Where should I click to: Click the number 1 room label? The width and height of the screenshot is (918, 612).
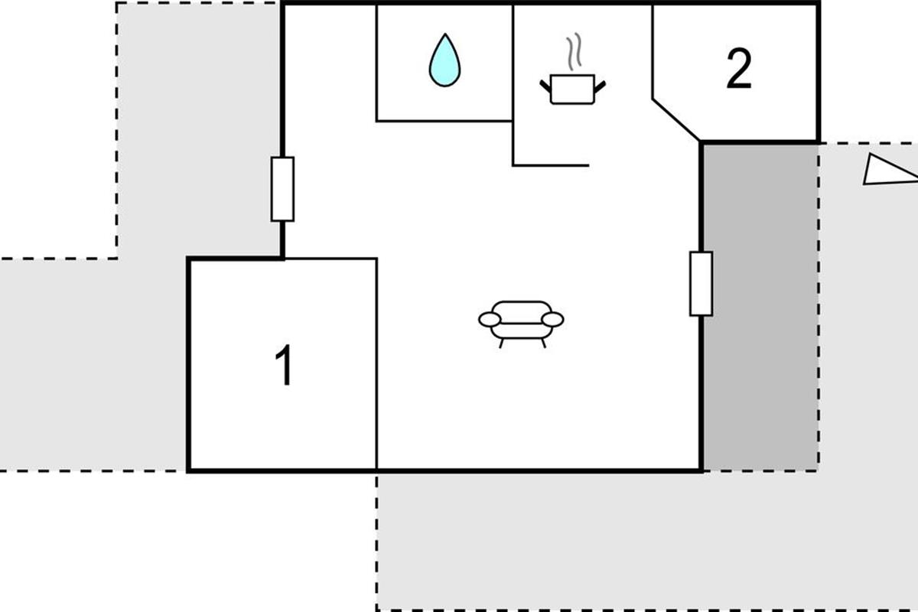coord(284,366)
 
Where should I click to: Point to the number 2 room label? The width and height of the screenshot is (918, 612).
coord(738,70)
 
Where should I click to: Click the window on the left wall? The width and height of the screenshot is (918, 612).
coord(282,189)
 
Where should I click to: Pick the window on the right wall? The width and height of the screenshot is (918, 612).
coord(701,283)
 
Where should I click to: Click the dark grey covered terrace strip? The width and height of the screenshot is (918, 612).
coord(760,306)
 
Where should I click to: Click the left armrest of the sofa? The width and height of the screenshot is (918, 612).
coord(490,319)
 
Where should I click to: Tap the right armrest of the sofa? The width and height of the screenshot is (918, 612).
coord(552,319)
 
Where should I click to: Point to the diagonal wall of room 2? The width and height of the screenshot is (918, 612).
coord(676,119)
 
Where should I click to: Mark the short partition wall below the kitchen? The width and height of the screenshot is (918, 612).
coord(551,164)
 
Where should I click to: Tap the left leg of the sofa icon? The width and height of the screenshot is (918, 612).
coord(501,343)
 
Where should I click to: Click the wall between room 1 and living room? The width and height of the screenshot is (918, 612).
coord(377,363)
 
